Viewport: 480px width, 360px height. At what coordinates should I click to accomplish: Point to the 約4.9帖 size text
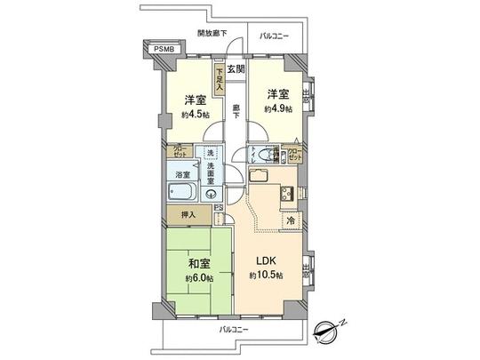point(277,108)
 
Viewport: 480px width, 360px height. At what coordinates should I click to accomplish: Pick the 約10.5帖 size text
point(266,277)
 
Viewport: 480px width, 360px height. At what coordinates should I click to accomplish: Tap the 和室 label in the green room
point(197,263)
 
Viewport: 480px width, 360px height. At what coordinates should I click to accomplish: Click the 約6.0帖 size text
point(197,277)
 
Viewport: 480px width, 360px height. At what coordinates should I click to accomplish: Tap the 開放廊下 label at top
point(212,33)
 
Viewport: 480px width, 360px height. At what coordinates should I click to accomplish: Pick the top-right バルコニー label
point(275,36)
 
